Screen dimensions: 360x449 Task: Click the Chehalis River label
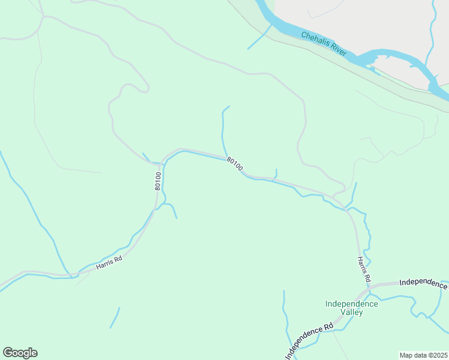click(x=324, y=45)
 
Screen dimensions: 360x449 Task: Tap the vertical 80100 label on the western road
click(x=158, y=181)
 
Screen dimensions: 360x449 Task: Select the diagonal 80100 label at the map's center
click(x=235, y=164)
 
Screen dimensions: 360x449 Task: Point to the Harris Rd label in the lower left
click(x=109, y=262)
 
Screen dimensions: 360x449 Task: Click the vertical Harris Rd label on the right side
click(x=364, y=269)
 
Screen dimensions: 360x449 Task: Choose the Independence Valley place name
click(x=352, y=308)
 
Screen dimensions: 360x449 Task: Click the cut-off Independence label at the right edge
click(x=423, y=282)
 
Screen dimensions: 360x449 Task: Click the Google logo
click(x=20, y=352)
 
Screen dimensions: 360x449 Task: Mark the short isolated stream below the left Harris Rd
click(x=115, y=318)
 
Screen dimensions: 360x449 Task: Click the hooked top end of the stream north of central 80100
click(x=226, y=108)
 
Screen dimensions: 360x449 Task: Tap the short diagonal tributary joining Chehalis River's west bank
click(x=259, y=37)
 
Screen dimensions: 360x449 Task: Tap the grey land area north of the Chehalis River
click(x=360, y=24)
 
